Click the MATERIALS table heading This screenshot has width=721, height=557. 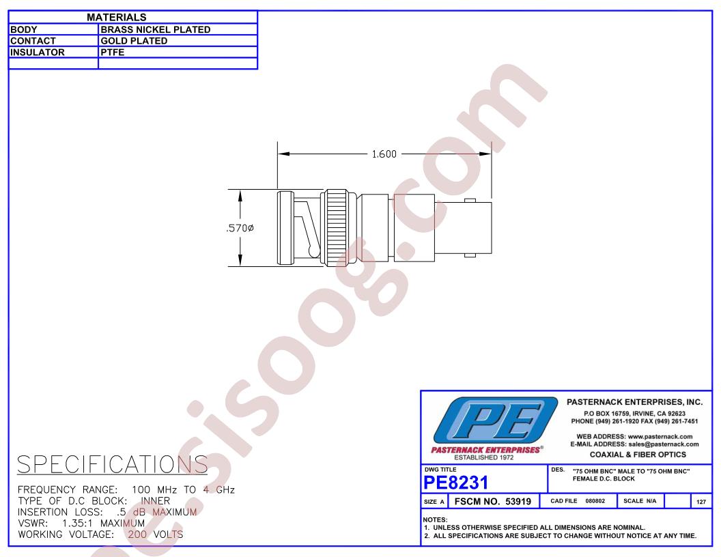pos(116,18)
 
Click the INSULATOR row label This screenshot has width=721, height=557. pos(38,53)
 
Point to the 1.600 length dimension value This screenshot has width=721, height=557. pos(384,154)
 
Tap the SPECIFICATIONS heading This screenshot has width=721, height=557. pos(113,464)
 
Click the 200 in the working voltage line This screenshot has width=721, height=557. pos(137,534)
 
